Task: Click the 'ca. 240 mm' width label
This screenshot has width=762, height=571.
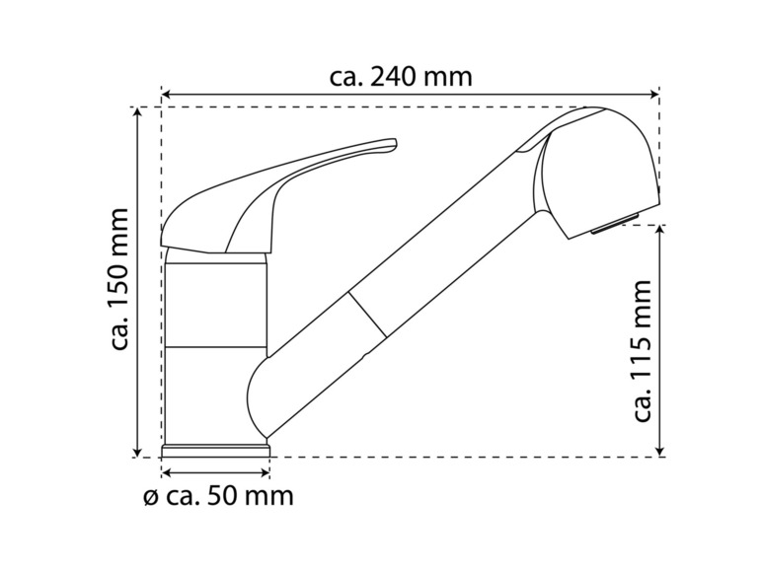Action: point(401,77)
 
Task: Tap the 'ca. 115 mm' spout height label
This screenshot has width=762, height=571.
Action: point(643,350)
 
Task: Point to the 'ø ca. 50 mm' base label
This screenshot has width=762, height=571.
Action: point(219,496)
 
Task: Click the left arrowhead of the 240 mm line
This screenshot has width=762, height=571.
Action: point(166,94)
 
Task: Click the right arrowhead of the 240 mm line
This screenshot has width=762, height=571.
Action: point(653,94)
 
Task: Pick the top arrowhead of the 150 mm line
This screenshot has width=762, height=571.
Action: point(138,112)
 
